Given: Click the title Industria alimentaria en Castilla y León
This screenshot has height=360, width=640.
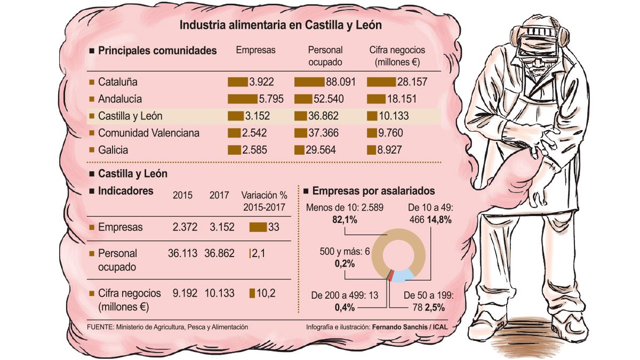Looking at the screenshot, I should (281, 25).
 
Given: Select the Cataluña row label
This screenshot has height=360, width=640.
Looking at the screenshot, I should (117, 82).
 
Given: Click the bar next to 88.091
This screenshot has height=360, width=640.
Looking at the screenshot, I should (309, 82).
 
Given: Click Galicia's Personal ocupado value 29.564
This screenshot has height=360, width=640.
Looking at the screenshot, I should (321, 150).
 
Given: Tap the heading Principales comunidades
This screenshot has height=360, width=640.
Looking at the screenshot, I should (157, 51).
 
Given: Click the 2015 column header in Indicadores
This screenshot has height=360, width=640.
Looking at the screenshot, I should (183, 195).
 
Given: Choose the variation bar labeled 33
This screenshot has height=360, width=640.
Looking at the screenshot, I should (258, 227).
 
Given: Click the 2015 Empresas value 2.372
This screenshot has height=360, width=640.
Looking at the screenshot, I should (185, 227).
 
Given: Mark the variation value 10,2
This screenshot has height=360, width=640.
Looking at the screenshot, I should (266, 293).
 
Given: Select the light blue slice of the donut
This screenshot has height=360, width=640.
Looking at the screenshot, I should (405, 275).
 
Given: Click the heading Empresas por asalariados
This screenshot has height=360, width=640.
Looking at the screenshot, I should (373, 191).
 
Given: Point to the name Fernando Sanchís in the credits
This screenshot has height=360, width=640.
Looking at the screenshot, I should (398, 327).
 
